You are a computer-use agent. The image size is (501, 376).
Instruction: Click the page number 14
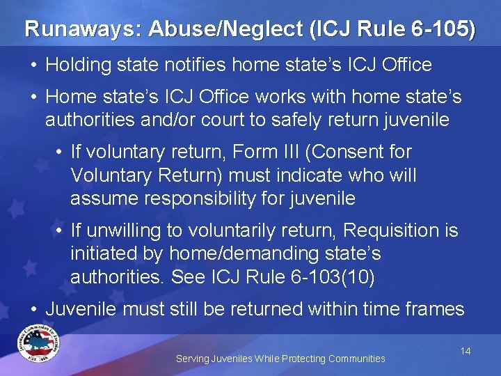pos(466,351)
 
